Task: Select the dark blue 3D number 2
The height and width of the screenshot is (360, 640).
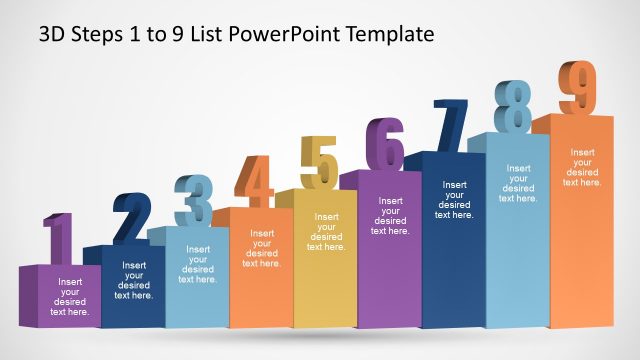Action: (x=132, y=218)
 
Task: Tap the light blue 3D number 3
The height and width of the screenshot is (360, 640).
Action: (x=192, y=201)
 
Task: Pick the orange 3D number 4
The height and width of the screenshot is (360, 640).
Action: (x=255, y=181)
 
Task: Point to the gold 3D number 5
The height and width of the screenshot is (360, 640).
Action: (x=320, y=162)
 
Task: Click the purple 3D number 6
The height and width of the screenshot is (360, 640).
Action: (x=385, y=144)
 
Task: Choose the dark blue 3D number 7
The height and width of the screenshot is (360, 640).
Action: (x=450, y=125)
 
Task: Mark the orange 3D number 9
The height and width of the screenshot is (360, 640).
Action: (x=578, y=88)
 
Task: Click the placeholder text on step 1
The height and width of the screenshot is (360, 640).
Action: (x=70, y=297)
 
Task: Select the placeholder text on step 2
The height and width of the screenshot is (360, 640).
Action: (x=134, y=280)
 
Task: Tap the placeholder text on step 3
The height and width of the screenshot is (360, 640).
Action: (x=198, y=264)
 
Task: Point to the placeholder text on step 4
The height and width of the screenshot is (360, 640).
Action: (x=262, y=248)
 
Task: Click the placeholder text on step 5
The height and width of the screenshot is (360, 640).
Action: (x=326, y=232)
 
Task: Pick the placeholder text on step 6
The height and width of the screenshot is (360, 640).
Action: (x=390, y=216)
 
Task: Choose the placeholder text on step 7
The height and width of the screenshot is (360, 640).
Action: (x=454, y=200)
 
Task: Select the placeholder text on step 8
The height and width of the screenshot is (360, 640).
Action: (x=518, y=184)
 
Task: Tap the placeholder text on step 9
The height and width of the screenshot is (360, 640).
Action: (x=582, y=167)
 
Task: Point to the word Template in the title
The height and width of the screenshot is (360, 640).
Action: (x=392, y=34)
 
